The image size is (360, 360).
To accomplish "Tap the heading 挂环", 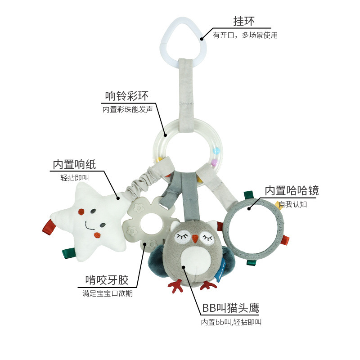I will (x=243, y=21).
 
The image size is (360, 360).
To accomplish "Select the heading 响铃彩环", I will (x=126, y=95).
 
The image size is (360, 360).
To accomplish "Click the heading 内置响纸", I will (x=74, y=164).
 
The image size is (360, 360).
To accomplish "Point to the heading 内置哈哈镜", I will (x=291, y=190).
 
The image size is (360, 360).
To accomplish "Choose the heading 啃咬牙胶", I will (x=107, y=280).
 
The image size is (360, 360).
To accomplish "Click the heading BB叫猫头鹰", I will (x=230, y=308).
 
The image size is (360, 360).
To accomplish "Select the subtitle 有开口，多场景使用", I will (x=245, y=35).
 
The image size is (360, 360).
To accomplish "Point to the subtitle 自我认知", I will (x=292, y=205).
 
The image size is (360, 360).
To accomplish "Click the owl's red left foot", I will (x=176, y=285).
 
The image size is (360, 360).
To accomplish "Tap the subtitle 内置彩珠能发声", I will (x=127, y=109).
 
